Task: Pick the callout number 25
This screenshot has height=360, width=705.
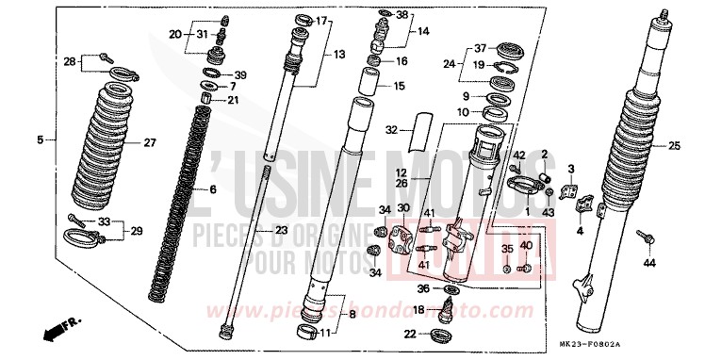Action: coord(675,146)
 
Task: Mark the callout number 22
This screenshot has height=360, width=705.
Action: coord(412,334)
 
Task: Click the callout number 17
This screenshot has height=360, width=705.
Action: coord(322,21)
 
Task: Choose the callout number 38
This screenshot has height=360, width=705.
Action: coord(402,15)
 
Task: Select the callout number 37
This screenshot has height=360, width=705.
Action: coord(480,48)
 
